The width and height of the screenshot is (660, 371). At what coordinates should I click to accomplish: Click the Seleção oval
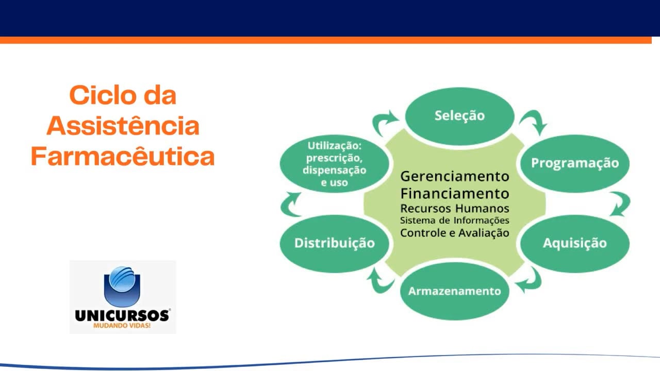[459, 115]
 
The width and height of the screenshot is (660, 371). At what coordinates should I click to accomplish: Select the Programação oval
[574, 163]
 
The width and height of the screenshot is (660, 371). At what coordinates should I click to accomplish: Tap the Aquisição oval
[574, 243]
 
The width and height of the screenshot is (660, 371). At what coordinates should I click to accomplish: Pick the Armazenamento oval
[454, 291]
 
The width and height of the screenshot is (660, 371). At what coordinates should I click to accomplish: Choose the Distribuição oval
[334, 243]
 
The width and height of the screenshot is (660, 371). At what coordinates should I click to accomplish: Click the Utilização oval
[334, 164]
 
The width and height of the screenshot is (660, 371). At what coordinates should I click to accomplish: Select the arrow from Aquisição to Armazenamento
[530, 281]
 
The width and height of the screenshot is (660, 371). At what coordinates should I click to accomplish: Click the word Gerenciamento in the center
[455, 176]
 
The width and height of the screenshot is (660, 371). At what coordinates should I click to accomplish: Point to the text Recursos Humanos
[455, 208]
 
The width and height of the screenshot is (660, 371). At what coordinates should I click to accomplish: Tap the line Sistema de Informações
[455, 221]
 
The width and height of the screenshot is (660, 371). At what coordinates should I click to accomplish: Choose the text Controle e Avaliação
[455, 233]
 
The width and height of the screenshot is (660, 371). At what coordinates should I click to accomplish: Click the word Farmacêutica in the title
[123, 157]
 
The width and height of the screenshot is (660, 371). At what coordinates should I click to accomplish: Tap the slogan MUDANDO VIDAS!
[122, 326]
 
